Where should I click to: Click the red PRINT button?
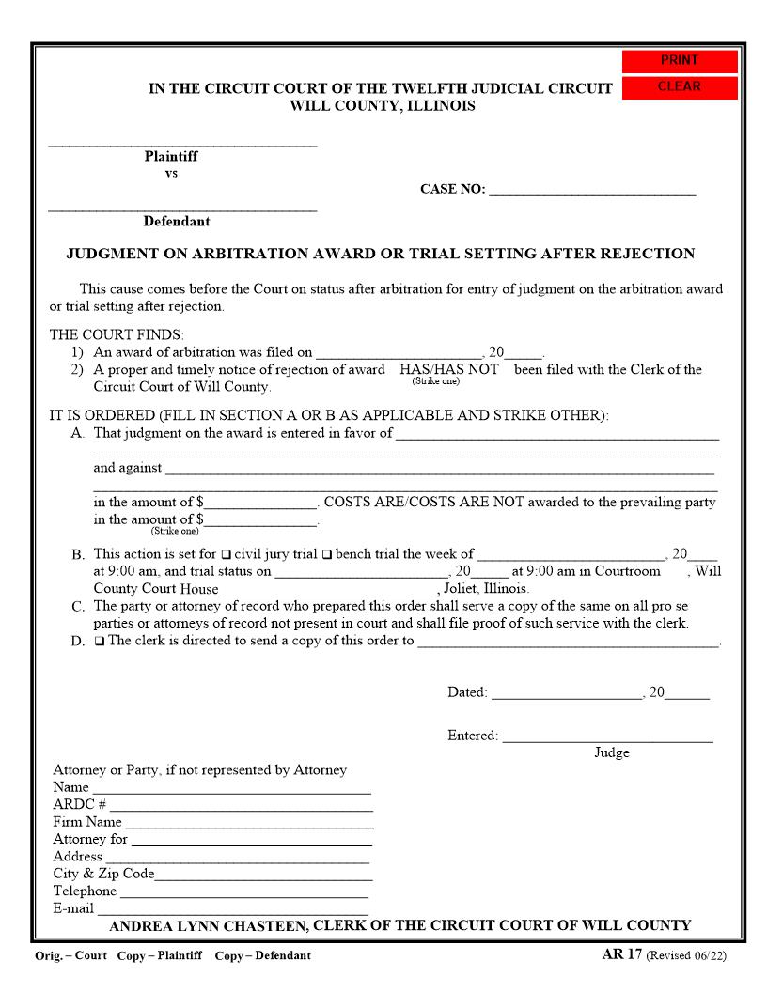680,61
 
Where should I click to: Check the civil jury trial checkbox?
226,554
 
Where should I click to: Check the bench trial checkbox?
327,554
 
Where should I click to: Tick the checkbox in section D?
100,642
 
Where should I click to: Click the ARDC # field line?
241,804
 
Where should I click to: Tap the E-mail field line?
232,908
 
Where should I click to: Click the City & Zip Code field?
263,874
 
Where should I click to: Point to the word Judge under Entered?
611,752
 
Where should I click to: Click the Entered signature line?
607,736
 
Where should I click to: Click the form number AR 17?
621,954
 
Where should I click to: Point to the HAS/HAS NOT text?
448,369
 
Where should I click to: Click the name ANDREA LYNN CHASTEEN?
209,925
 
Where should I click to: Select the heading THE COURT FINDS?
117,334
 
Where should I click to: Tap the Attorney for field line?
251,839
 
